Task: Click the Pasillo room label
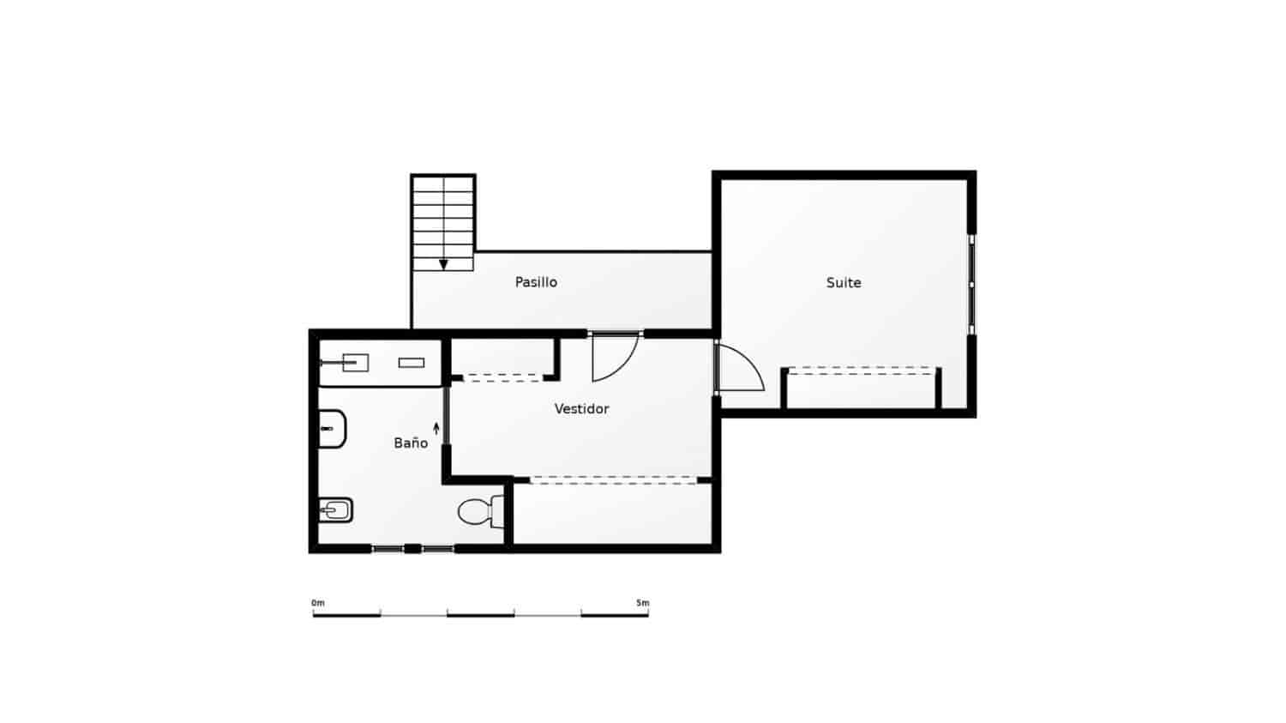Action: point(536,282)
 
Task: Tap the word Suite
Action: point(844,282)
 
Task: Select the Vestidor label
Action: point(581,409)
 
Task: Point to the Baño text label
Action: point(411,443)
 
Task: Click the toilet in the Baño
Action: point(479,511)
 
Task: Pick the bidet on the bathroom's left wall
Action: point(335,511)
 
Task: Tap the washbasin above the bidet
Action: point(332,429)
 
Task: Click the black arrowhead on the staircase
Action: point(443,264)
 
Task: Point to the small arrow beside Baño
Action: point(436,428)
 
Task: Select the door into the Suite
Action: point(739,369)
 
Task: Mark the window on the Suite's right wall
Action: point(971,284)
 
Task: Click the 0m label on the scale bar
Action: point(318,603)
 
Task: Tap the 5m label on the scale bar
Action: point(642,603)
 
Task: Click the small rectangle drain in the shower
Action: point(412,363)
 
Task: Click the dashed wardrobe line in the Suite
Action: point(861,370)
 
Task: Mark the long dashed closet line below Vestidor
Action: point(612,481)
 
